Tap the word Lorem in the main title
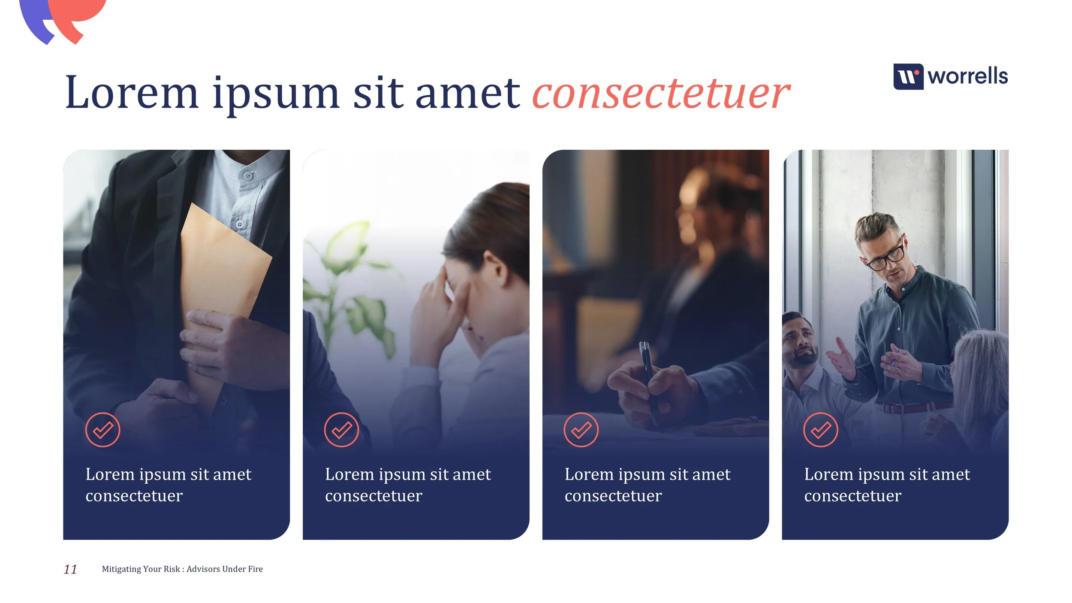[x=131, y=93]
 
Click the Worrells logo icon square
[x=908, y=77]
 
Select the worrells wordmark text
[x=967, y=76]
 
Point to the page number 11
[x=70, y=569]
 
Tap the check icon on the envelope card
[x=102, y=430]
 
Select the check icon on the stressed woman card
[x=341, y=430]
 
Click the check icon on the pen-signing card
[x=581, y=430]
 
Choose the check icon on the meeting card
[x=820, y=430]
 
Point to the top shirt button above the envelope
[x=247, y=176]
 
